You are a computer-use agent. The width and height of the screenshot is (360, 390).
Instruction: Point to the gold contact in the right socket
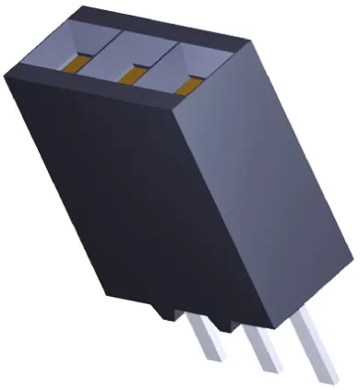tap(190, 85)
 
